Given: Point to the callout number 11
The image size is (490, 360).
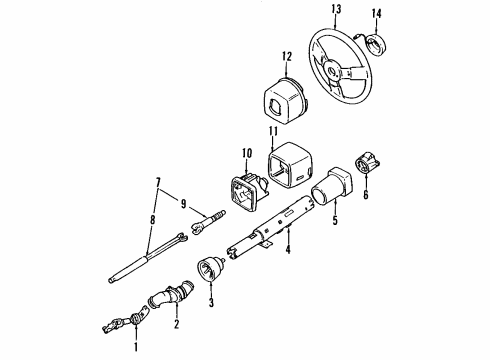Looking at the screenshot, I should (272, 131).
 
